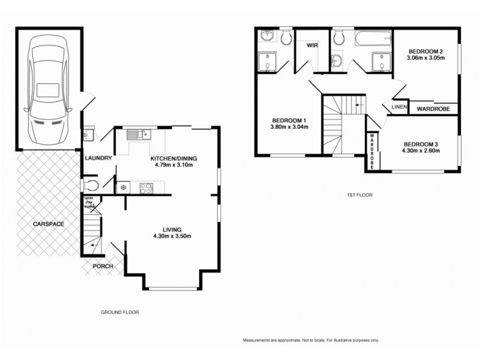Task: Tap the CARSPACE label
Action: [x=49, y=224]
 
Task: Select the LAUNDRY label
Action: [x=99, y=158]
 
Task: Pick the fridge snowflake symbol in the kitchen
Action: [x=124, y=188]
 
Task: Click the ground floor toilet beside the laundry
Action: [x=91, y=184]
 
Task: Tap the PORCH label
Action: [x=102, y=266]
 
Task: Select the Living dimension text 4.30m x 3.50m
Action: [x=172, y=236]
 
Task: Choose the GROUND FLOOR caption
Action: [x=120, y=313]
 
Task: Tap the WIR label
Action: [x=312, y=46]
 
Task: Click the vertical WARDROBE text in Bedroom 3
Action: [x=372, y=151]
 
